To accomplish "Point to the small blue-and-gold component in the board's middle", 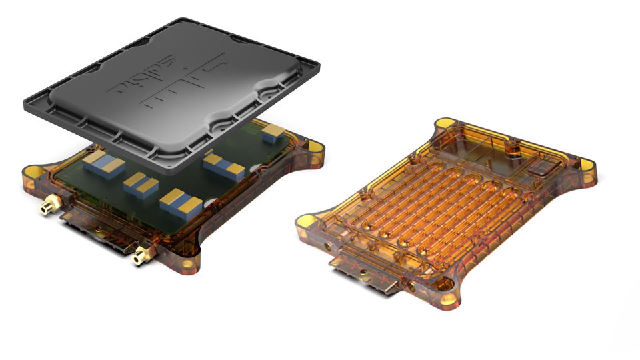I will coord(141,183).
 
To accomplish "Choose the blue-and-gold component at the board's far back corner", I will coord(273,135).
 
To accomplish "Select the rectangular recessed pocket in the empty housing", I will coord(542,169).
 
